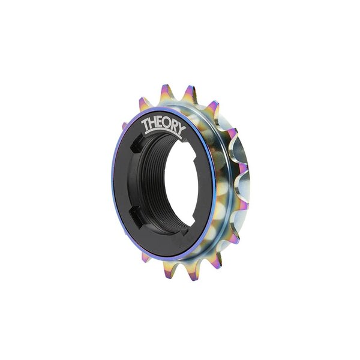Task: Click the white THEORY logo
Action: [x=164, y=125]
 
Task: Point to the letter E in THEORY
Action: [x=161, y=124]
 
